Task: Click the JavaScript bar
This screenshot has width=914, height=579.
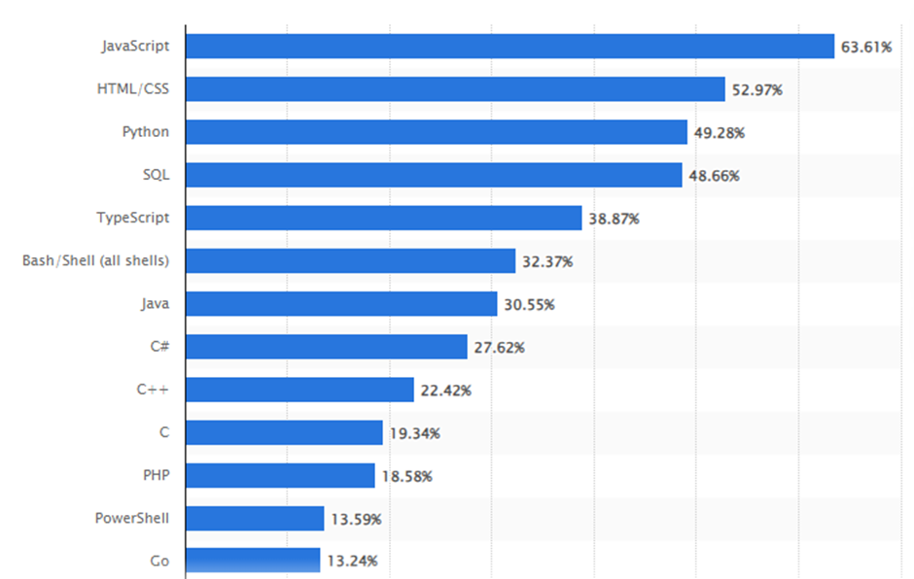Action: (x=510, y=47)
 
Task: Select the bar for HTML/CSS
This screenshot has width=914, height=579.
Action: (x=455, y=89)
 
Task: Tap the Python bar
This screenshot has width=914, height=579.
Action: (x=436, y=132)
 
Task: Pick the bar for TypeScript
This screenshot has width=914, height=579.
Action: (x=383, y=218)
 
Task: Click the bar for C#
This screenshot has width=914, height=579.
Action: (x=326, y=347)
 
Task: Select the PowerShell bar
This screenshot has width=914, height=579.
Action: (x=255, y=519)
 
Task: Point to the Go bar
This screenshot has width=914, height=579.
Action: (x=253, y=560)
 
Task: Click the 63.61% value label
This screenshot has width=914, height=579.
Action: (x=866, y=47)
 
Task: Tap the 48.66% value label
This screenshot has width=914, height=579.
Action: (x=715, y=176)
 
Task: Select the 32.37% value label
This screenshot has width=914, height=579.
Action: (x=547, y=261)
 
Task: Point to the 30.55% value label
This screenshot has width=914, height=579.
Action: (x=529, y=305)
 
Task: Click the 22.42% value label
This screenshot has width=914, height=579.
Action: (x=446, y=391)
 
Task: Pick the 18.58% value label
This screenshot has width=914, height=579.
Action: (x=407, y=476)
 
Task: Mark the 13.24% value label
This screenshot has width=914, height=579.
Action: (x=353, y=561)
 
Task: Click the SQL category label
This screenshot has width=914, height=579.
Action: (x=156, y=175)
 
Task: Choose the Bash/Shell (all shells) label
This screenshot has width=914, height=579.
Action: (x=95, y=260)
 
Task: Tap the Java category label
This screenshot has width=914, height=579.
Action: (x=155, y=304)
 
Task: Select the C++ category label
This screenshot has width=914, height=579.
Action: (x=153, y=390)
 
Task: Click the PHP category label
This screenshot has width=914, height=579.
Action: (x=156, y=475)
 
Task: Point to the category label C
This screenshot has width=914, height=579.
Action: (x=164, y=432)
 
